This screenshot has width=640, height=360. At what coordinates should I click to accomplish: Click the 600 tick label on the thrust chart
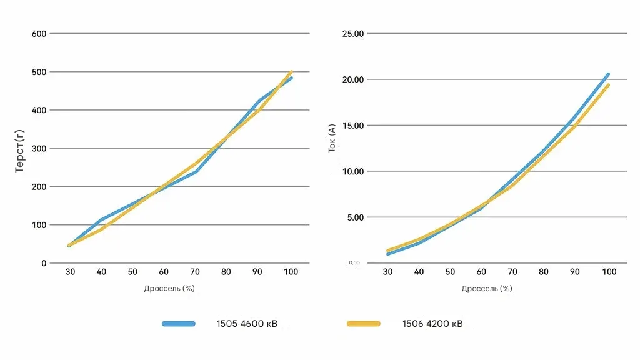39,33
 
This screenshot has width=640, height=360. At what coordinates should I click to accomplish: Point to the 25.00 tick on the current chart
353,33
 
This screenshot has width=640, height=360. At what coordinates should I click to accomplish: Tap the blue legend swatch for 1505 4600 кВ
179,324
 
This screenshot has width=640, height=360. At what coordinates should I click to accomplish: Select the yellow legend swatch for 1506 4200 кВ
363,324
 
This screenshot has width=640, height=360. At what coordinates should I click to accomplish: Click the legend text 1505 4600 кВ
247,324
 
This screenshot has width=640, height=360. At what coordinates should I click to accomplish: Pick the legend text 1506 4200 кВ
432,324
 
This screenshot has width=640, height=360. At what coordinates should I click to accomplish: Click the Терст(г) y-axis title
19,148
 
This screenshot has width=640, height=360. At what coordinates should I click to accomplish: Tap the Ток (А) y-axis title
332,138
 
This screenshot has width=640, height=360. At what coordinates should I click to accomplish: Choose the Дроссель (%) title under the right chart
487,288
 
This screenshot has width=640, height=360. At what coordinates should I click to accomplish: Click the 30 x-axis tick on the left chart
69,272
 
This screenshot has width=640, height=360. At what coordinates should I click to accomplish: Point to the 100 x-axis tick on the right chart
609,272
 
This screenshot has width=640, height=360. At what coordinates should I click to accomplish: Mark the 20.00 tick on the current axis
353,79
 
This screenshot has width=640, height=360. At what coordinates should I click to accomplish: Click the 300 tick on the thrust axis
39,148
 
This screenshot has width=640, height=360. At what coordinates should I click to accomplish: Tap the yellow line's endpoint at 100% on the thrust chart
291,72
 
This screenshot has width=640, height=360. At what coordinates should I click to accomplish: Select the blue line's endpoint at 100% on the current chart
608,74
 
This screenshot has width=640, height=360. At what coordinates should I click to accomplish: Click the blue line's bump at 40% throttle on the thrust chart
101,220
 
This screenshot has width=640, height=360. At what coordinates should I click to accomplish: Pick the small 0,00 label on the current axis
354,262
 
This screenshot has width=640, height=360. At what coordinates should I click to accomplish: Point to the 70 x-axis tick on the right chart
512,272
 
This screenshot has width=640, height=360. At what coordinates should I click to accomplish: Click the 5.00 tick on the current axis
355,217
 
